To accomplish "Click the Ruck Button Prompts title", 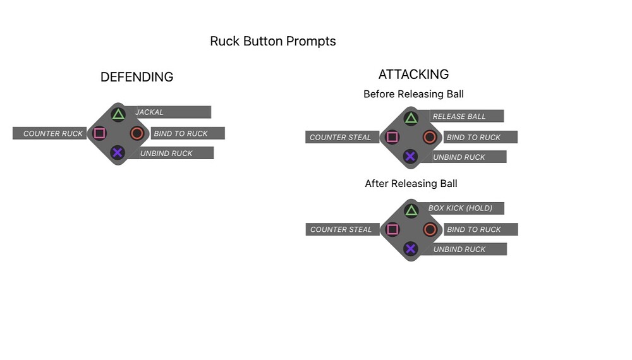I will point(273,42).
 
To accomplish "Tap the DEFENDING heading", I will point(137,77).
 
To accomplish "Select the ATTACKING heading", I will point(413,75).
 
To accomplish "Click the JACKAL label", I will point(150,112).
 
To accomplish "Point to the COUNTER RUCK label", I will point(53,134).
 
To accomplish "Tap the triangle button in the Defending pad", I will point(118,114).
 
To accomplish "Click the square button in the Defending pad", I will point(99,133).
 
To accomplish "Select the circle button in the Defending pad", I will point(137,133).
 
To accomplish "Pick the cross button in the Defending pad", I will point(118,152).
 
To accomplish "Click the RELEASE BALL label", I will point(459,117).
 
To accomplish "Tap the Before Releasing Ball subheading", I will point(413,94).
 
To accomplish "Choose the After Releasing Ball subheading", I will point(411,184).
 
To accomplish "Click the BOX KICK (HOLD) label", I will point(460,208).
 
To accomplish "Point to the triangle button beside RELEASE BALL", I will point(411,118).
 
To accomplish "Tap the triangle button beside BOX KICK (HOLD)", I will point(411,211).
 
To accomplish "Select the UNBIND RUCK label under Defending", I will point(166,153).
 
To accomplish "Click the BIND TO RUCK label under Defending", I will point(181,134).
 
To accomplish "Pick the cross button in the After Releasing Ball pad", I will point(411,248).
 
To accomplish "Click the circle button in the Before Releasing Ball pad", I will point(430,137).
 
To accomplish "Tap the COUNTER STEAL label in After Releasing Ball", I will point(341,230).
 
